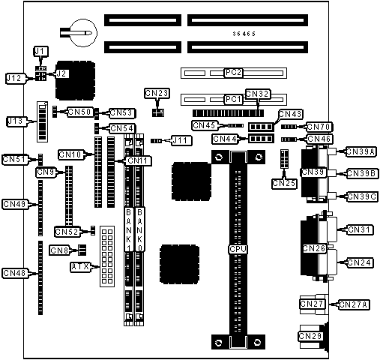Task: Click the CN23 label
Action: coord(157,93)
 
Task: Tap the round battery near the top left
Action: coord(84,32)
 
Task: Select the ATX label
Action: coord(80,267)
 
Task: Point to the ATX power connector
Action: coord(107,256)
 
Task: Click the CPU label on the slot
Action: coord(238,249)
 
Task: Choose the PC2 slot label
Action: coord(233,73)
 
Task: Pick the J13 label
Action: coord(16,121)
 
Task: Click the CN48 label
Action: coord(15,273)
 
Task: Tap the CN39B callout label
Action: coord(361,173)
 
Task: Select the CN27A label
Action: coord(354,304)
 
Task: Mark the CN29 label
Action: coord(310,336)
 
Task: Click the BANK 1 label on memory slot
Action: coord(128,229)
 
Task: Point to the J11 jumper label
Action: coord(181,141)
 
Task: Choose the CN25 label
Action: coord(284,184)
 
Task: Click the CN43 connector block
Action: coord(261,127)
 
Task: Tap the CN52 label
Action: coord(67,232)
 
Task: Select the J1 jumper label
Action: coord(40,52)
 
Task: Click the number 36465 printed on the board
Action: coord(244,34)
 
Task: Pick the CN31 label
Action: coord(359,229)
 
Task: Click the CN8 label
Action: coord(59,250)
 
